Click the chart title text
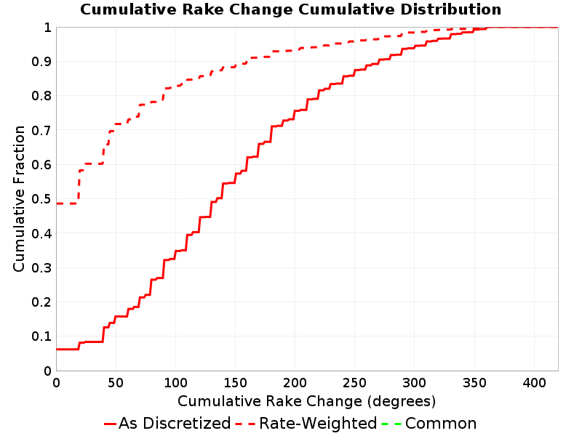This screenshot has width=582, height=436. [290, 9]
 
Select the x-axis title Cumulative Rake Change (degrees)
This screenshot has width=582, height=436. [306, 401]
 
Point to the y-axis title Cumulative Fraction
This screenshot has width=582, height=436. [19, 198]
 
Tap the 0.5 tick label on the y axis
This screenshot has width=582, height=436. [41, 199]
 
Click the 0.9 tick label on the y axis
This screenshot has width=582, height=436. [41, 62]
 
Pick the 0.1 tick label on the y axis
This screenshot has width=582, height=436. [41, 336]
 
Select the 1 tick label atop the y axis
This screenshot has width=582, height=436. [47, 28]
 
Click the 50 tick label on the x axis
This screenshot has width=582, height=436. [116, 383]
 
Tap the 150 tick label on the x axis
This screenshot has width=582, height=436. [235, 383]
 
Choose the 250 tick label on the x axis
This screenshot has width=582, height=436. [355, 383]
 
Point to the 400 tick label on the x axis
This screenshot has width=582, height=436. [534, 383]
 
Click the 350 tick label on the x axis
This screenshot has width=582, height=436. [474, 383]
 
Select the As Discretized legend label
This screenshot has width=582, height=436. [175, 424]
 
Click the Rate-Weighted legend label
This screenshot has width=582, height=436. [318, 424]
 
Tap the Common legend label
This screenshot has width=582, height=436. [441, 424]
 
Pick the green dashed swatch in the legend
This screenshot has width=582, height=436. [391, 424]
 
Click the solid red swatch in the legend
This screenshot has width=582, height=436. [111, 424]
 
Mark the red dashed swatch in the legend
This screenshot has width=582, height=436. [245, 424]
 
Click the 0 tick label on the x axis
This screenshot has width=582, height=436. [57, 383]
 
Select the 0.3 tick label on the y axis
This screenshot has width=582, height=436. [41, 268]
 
